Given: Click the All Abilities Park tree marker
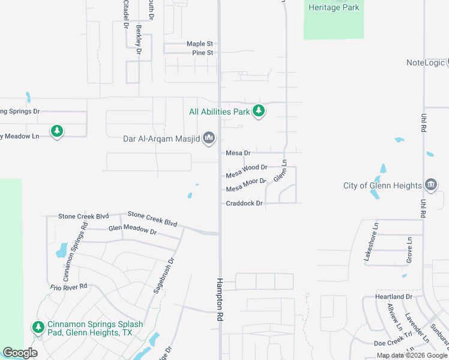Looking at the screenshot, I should coord(259,111).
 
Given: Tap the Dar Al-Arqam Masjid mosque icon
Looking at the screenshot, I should coord(209,139).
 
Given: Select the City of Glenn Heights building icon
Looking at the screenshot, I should coord(430,185).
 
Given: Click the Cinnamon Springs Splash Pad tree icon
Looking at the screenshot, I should coord(38,327).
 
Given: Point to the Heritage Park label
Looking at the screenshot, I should coord(334,7).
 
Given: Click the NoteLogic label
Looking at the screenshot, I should coord(426,62).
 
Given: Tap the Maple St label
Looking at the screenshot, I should coord(200,44).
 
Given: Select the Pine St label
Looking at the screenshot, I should coord(203,53).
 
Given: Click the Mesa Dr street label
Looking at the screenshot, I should coord(238,153).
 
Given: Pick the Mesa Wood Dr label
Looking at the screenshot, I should coord(246,171).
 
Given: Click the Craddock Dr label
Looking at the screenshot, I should coord(245,203).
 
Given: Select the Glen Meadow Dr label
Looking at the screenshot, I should coord(132,229).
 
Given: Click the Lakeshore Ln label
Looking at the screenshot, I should coord(370,241).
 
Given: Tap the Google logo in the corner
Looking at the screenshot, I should coord(20,353).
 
